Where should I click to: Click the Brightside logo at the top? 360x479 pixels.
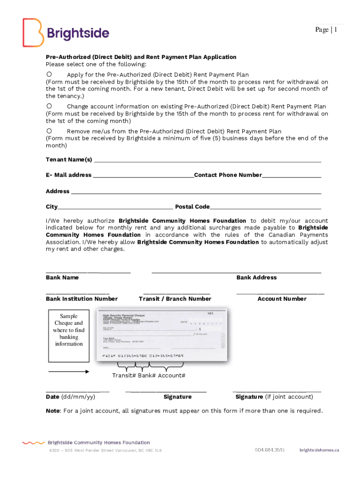click(x=66, y=33)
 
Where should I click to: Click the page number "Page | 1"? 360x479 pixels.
click(x=326, y=30)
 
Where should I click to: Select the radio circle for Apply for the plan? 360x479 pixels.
click(x=49, y=74)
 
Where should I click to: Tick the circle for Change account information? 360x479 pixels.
click(x=49, y=106)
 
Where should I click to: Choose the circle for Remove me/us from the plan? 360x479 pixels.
click(x=49, y=131)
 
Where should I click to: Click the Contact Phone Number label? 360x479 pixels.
click(x=228, y=175)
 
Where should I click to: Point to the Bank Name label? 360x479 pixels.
click(x=62, y=277)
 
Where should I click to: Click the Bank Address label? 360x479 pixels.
click(x=256, y=277)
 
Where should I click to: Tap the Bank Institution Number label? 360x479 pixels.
click(x=82, y=299)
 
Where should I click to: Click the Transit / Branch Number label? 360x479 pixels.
click(x=175, y=299)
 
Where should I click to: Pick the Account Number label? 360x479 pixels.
click(x=282, y=299)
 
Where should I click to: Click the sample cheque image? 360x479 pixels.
click(x=161, y=334)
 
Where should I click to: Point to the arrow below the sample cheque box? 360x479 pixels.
click(x=68, y=372)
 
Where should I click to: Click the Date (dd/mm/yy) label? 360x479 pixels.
click(x=71, y=397)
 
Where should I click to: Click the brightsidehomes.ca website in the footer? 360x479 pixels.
click(x=319, y=450)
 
